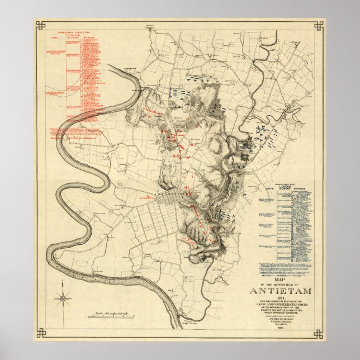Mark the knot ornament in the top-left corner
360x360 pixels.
pyautogui.click(x=40, y=26)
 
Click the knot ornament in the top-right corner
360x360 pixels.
pyautogui.click(x=319, y=26)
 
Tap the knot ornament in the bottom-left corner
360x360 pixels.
pyautogui.click(x=40, y=334)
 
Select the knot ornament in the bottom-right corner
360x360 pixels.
pyautogui.click(x=319, y=334)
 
